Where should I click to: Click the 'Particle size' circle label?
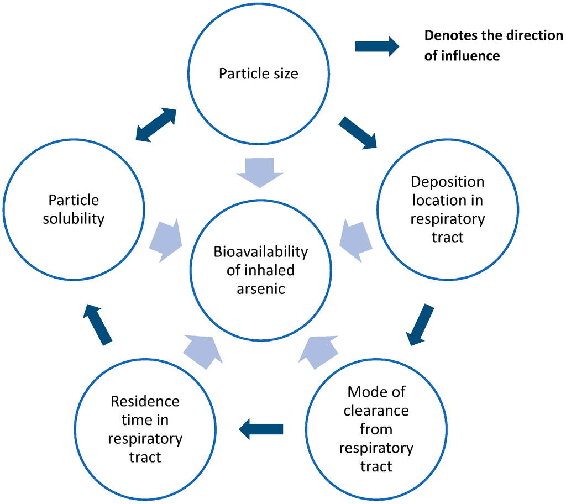(x=258, y=73)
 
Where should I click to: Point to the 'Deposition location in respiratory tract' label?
(x=447, y=209)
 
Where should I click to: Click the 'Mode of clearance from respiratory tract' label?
(x=376, y=429)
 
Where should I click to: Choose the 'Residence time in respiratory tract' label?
(x=145, y=429)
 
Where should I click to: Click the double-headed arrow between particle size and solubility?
(x=156, y=125)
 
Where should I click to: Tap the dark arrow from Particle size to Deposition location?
(x=358, y=132)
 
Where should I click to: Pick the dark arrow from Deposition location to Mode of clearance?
(x=421, y=324)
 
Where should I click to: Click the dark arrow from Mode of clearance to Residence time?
(x=261, y=429)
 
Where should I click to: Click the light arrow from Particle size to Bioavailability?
(x=259, y=172)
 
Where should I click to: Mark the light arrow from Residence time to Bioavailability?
(x=202, y=351)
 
